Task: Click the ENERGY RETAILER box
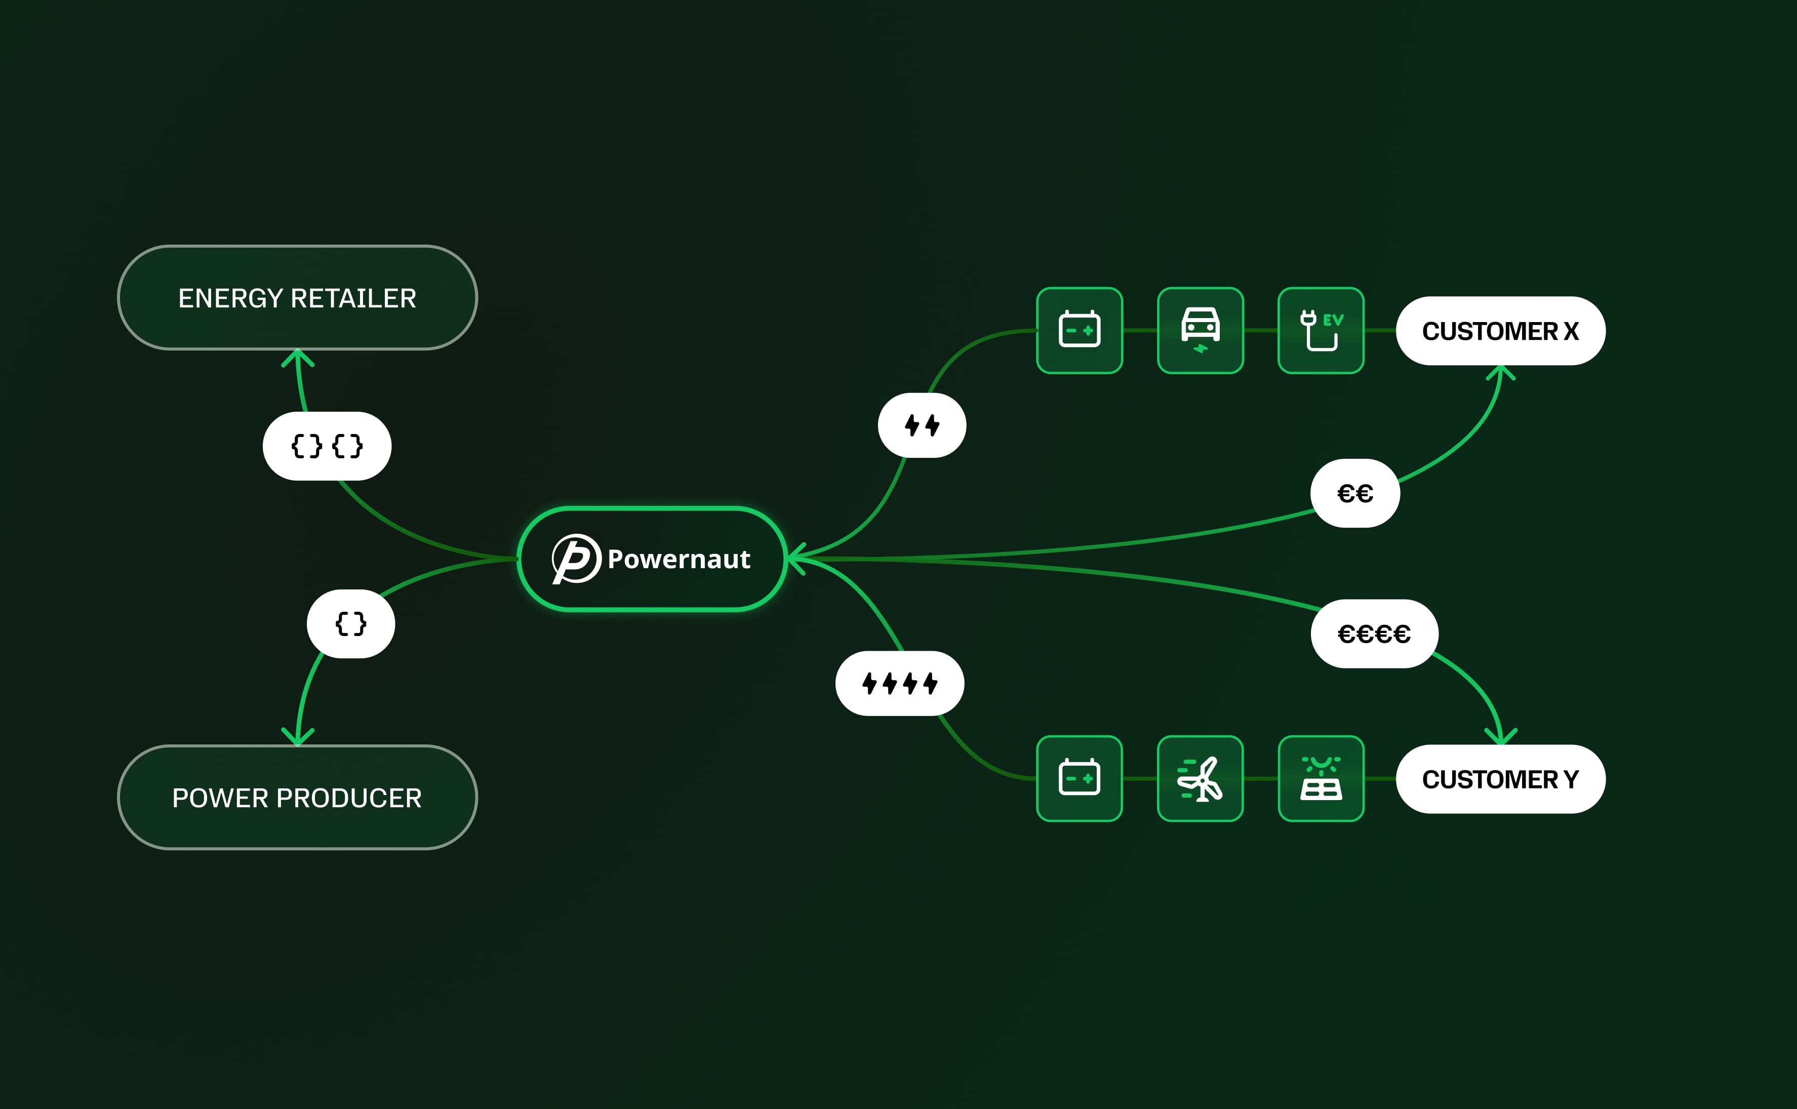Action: pos(297,298)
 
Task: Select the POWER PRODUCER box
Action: pos(297,797)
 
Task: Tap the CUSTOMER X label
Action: pos(1500,331)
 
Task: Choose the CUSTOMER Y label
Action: pos(1500,779)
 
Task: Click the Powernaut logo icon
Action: pos(576,559)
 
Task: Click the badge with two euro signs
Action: pos(1355,493)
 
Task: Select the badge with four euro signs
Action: pos(1374,633)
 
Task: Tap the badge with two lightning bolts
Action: pos(922,425)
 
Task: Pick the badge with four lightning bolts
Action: pos(900,684)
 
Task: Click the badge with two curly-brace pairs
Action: pos(327,446)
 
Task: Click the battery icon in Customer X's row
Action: pos(1079,330)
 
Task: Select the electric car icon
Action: pos(1200,330)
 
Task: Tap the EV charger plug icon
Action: pos(1321,330)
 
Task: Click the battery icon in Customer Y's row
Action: pos(1079,778)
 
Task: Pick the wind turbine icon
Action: pos(1200,778)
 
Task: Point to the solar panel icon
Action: pos(1321,778)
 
